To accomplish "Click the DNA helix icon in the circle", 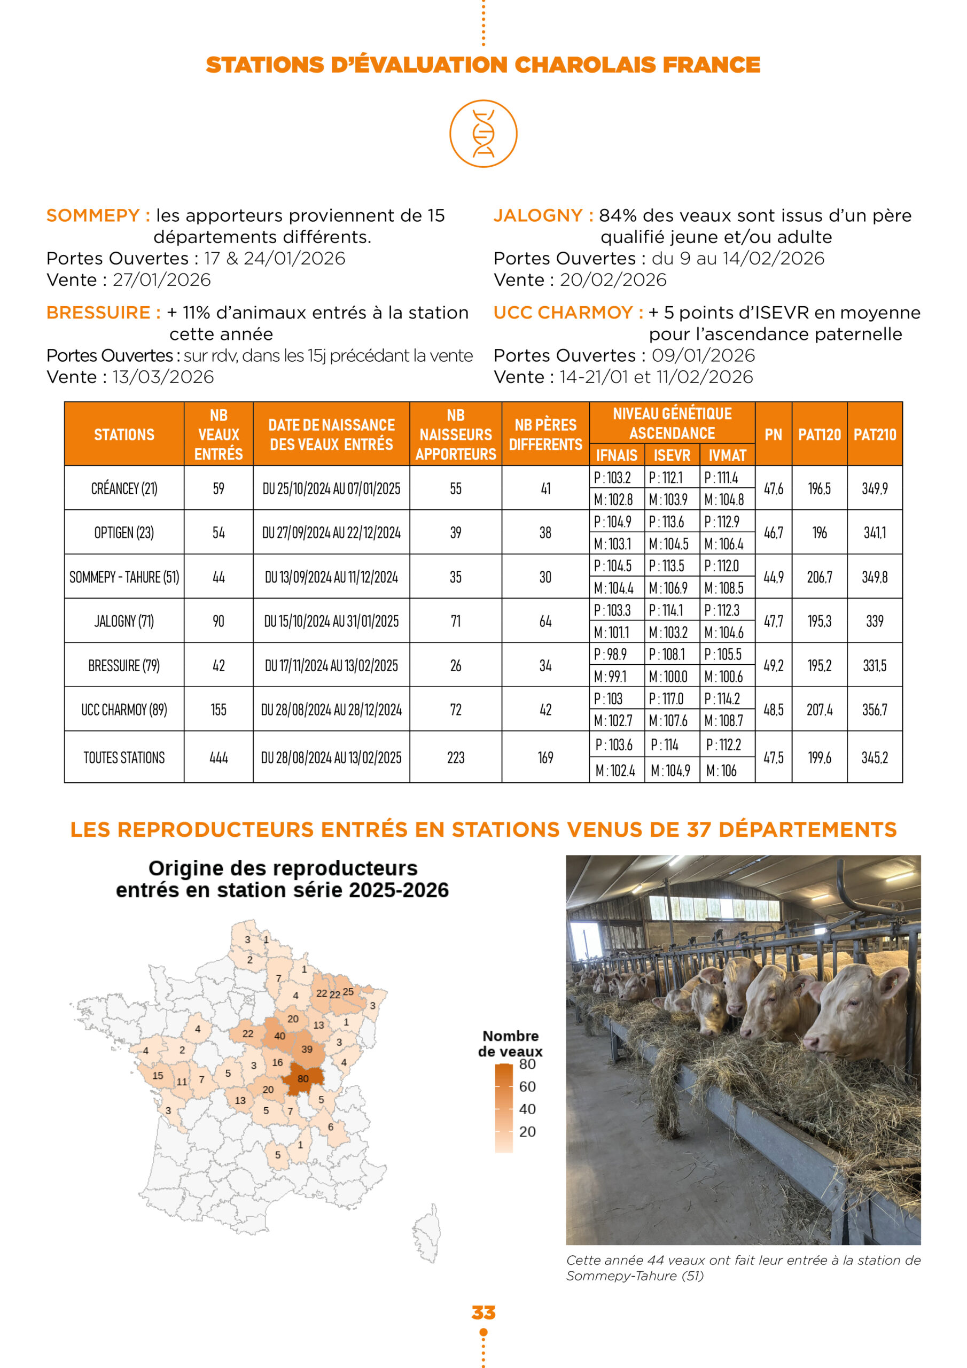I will (x=483, y=134).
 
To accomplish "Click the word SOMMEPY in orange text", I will (x=93, y=215).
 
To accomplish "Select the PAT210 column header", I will (x=874, y=434).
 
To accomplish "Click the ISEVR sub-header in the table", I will (x=672, y=455).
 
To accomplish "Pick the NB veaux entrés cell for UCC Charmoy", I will (x=219, y=710).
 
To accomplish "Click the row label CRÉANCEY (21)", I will (x=124, y=488).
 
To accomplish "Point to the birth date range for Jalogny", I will (x=331, y=621).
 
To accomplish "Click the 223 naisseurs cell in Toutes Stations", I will (x=455, y=757).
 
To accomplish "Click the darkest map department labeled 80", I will (x=303, y=1078).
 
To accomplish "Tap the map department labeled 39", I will (x=307, y=1049).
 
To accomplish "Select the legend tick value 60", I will (x=527, y=1086).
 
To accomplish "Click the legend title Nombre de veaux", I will (x=511, y=1043).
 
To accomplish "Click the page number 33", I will (x=483, y=1312).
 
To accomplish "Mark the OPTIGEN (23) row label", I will (x=124, y=533).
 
